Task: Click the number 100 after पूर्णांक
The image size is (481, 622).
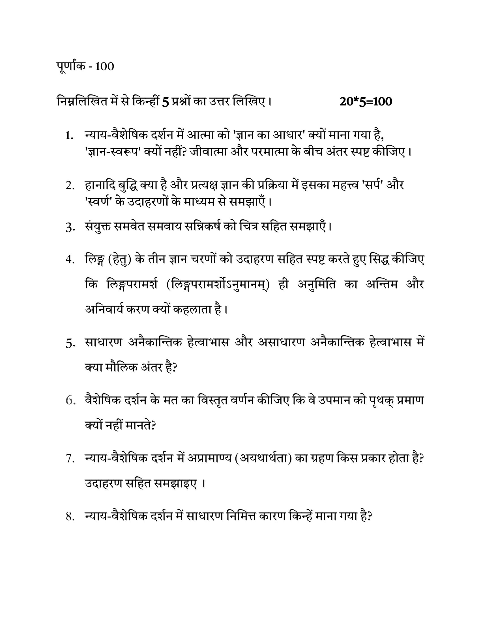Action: click(x=104, y=67)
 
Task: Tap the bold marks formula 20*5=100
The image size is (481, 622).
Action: click(x=366, y=102)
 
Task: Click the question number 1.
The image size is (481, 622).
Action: click(x=69, y=136)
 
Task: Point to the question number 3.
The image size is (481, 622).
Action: click(x=70, y=228)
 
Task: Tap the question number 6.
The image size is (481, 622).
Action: click(x=70, y=401)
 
